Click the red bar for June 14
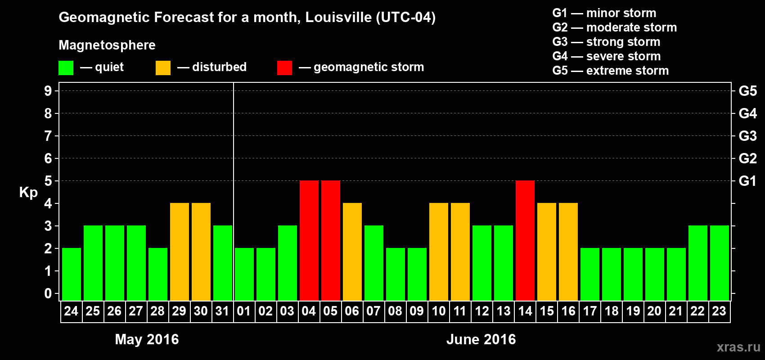click(525, 240)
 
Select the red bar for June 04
click(309, 240)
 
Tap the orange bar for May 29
click(180, 252)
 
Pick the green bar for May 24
click(72, 274)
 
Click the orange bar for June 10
click(439, 252)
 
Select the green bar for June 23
click(720, 263)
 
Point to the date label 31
click(222, 311)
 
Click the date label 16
click(568, 311)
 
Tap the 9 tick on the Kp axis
click(48, 91)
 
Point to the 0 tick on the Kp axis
click(48, 293)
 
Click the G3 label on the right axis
click(747, 136)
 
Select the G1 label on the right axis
click(747, 181)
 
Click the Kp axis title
click(28, 192)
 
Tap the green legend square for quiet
click(66, 68)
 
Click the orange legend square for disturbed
click(163, 68)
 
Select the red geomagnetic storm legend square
click(284, 68)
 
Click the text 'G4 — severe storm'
click(606, 56)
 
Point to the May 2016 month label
click(147, 339)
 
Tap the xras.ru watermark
click(738, 347)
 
